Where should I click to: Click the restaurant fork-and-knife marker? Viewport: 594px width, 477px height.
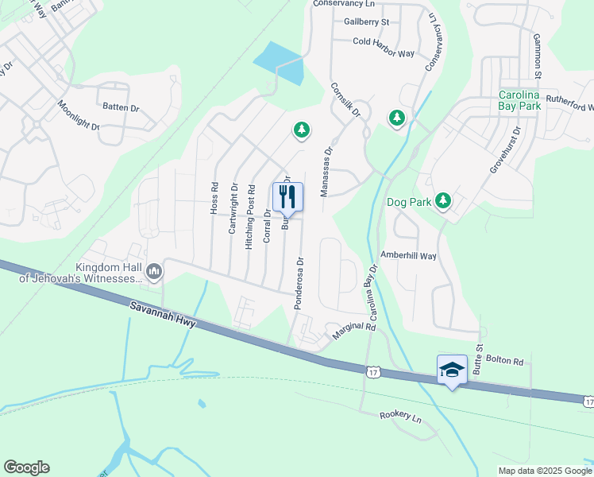[x=287, y=196]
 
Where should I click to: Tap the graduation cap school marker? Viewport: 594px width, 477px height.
[x=452, y=370]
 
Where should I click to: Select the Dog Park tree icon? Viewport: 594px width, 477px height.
[x=443, y=201]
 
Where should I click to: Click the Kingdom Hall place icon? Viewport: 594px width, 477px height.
[x=154, y=272]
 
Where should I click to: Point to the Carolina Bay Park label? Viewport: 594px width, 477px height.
[x=530, y=99]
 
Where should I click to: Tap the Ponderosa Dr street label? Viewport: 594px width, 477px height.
[x=299, y=282]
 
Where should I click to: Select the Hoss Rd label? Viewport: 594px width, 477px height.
[x=214, y=197]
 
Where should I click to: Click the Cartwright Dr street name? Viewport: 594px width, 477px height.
[x=233, y=208]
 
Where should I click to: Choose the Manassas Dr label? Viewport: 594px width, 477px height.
[x=326, y=171]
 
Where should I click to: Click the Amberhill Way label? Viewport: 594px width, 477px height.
[x=409, y=256]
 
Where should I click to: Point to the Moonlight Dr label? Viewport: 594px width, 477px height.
[x=78, y=115]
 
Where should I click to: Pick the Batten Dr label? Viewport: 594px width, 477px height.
[x=121, y=106]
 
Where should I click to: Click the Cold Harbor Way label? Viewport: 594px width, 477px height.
[x=384, y=52]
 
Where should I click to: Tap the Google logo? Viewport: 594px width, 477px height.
[x=26, y=467]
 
